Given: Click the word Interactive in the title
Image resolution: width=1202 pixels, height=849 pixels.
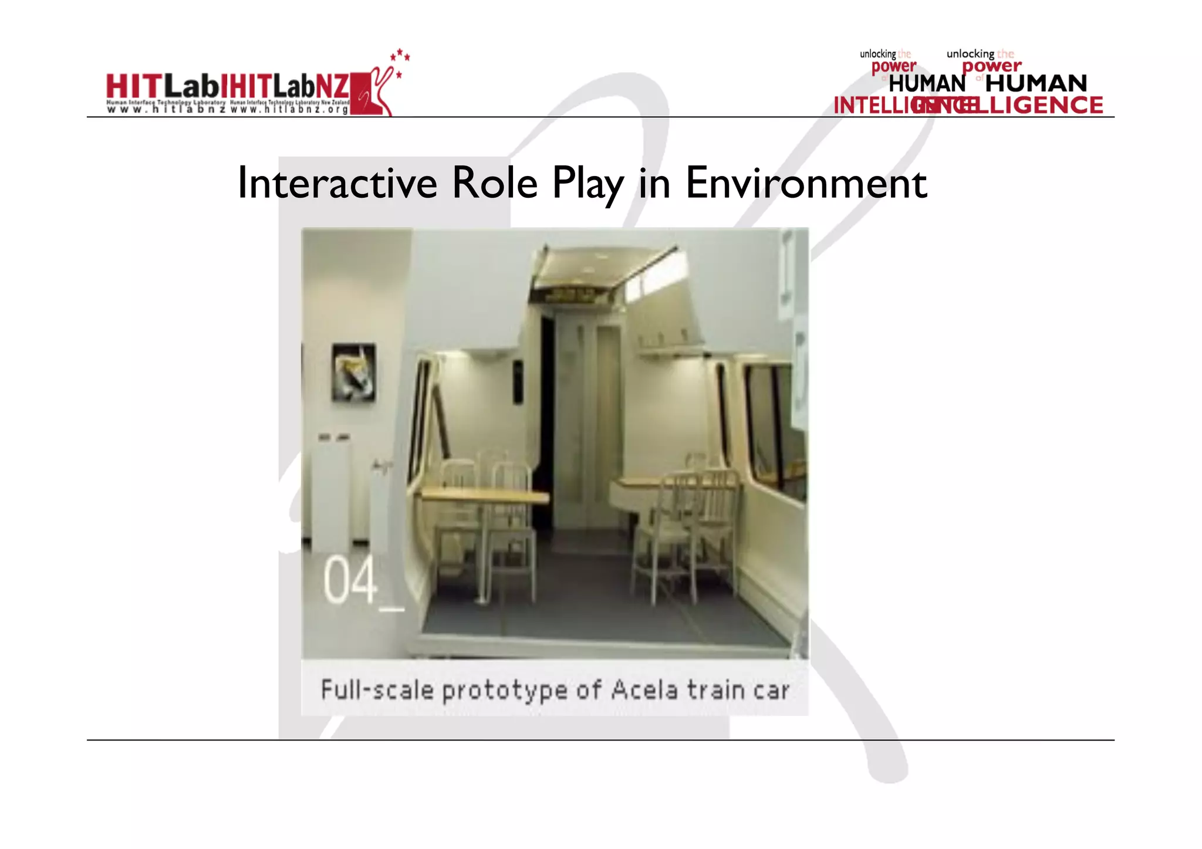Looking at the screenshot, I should [x=337, y=184].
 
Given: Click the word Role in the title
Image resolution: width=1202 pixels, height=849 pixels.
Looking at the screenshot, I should [x=494, y=184].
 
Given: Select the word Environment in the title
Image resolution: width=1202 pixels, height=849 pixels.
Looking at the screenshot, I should [x=806, y=184].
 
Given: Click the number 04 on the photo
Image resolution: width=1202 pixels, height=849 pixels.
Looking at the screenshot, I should [x=350, y=581].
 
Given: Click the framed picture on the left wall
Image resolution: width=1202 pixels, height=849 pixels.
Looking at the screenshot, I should [x=353, y=373].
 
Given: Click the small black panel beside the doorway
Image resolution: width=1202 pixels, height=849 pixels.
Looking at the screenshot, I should [x=518, y=382].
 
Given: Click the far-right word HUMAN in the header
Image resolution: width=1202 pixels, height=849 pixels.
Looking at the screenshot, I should [x=1036, y=83].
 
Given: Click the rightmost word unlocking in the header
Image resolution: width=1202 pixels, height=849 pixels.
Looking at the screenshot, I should [x=970, y=54].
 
